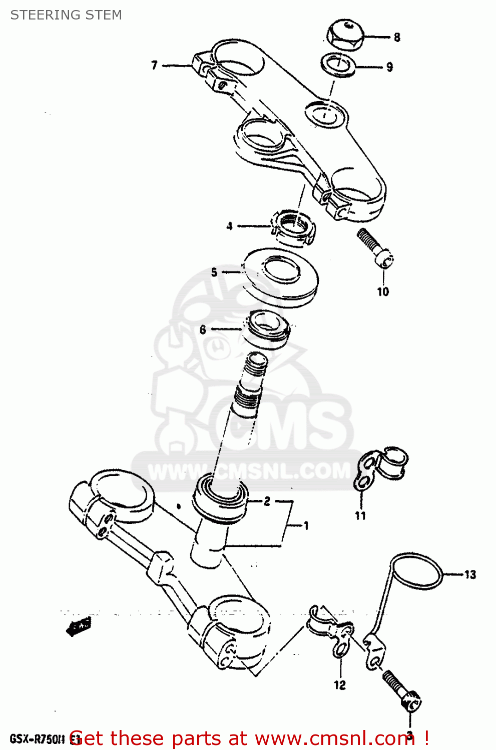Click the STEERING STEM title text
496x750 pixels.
(66, 15)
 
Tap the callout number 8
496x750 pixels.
(397, 37)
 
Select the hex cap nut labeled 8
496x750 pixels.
(345, 34)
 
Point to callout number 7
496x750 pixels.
(155, 65)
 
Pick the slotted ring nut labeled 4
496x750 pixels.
(295, 226)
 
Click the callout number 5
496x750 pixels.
(214, 272)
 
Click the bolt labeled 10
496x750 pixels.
(375, 247)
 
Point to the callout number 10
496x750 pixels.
(383, 291)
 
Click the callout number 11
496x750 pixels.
(361, 515)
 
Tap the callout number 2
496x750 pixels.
(267, 501)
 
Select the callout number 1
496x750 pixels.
(306, 525)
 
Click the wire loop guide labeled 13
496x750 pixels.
(418, 572)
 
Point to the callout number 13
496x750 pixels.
(470, 574)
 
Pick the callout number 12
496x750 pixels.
(340, 685)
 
